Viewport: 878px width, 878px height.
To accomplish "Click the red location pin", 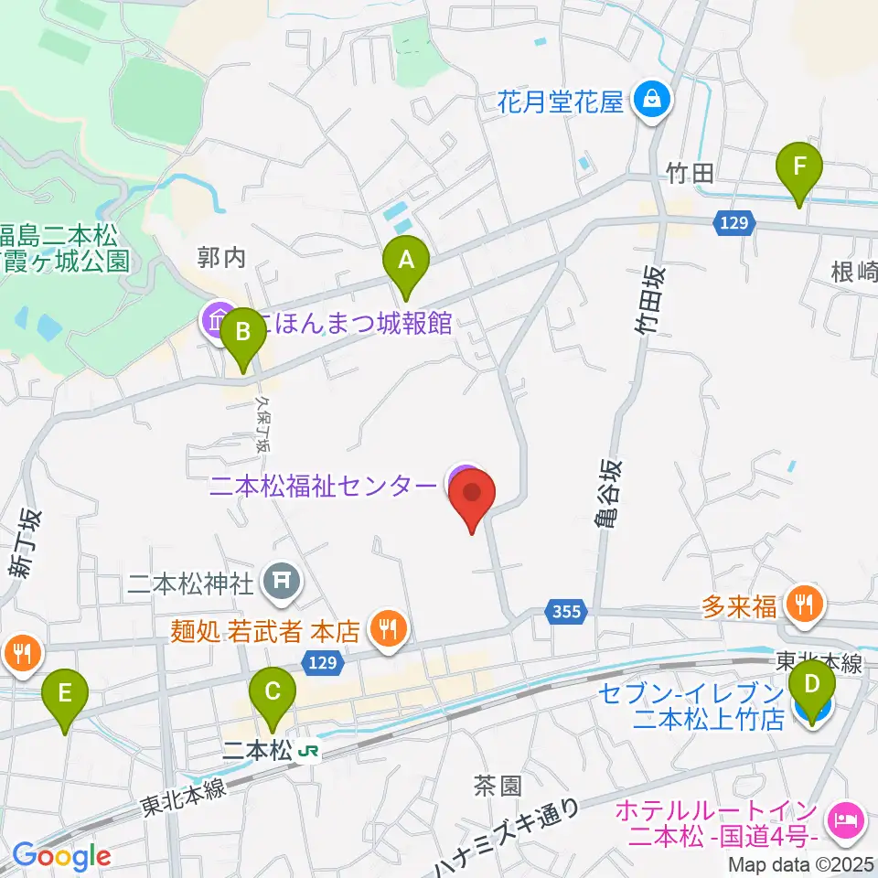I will tap(472, 498).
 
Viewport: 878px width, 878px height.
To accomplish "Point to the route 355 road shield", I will tap(567, 611).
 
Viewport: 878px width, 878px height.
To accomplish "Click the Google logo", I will tap(61, 856).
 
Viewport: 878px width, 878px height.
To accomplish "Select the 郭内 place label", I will tap(222, 259).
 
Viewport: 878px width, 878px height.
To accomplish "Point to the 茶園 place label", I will tap(498, 785).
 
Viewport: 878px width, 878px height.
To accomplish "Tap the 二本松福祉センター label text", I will tap(323, 486).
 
